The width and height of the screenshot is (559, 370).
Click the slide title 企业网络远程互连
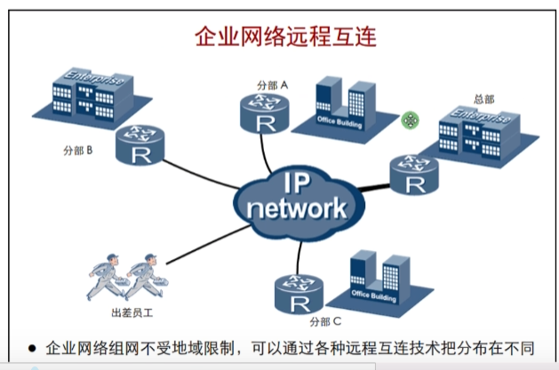[285, 37]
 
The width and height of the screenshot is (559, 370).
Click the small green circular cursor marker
[409, 120]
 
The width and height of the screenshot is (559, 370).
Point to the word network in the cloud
[296, 209]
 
